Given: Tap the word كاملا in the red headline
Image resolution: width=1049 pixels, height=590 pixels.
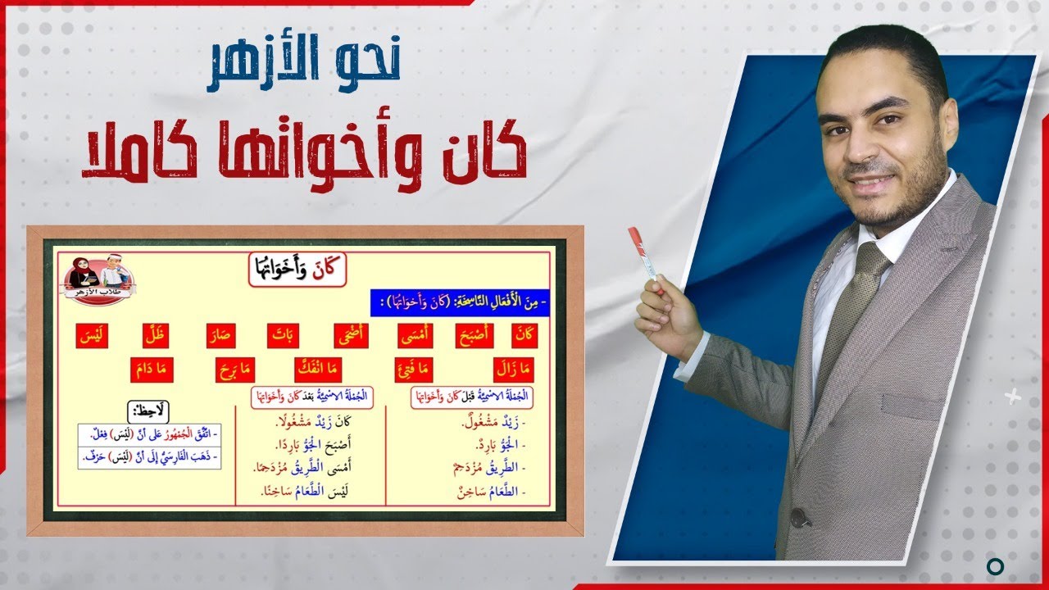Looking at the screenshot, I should click(x=140, y=156).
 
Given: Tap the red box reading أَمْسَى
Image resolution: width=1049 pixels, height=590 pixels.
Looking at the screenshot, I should click(x=416, y=336).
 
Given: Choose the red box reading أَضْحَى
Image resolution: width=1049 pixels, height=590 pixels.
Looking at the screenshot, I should click(x=355, y=336).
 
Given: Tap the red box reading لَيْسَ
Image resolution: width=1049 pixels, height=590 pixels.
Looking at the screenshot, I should click(x=93, y=336).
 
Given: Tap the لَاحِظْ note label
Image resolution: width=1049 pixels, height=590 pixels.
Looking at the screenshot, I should click(x=148, y=411).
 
